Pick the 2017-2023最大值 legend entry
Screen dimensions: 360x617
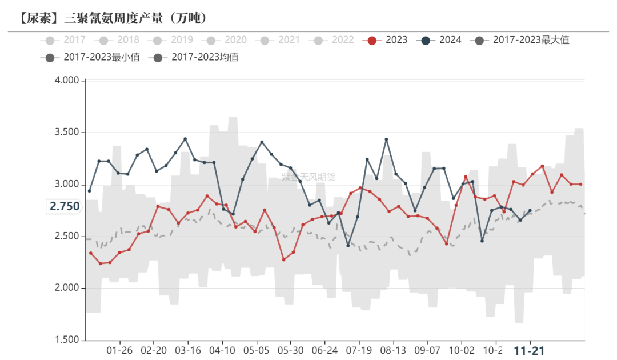520,40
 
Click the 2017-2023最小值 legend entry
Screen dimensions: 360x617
91,57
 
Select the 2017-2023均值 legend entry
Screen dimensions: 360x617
195,57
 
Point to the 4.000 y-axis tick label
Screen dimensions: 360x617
66,81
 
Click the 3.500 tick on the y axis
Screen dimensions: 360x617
66,133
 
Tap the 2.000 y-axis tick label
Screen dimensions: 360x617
66,289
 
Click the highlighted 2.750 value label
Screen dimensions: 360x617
65,207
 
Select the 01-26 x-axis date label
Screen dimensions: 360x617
119,350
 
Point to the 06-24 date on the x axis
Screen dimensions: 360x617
325,350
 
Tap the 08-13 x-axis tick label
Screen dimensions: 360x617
394,350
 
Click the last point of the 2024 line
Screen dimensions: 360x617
530,210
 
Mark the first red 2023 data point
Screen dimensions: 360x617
90,253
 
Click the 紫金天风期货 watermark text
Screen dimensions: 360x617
308,177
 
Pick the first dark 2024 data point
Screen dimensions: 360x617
89,191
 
